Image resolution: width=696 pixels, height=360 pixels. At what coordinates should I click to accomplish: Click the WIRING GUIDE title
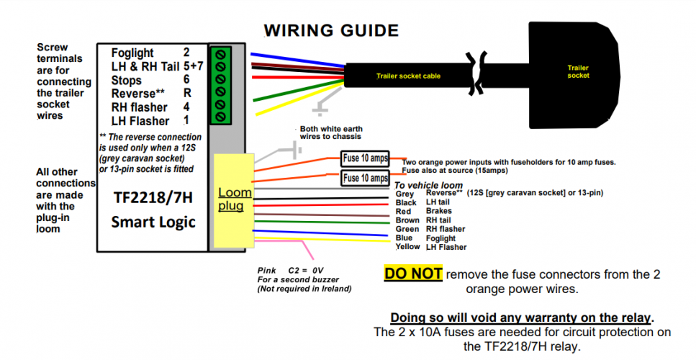click(330, 30)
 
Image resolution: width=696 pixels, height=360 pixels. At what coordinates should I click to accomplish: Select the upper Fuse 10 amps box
click(366, 158)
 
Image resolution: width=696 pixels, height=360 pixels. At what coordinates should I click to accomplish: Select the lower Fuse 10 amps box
click(366, 178)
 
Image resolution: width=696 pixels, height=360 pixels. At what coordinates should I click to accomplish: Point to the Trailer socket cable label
click(408, 76)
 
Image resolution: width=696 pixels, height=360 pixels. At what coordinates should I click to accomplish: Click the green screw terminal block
click(220, 84)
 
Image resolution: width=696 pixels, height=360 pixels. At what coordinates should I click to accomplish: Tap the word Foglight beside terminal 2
click(132, 53)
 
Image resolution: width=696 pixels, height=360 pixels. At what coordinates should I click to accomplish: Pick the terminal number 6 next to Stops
click(186, 80)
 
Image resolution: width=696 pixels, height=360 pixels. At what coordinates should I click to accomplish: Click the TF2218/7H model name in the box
click(153, 197)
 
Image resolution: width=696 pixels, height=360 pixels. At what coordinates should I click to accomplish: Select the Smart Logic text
click(153, 222)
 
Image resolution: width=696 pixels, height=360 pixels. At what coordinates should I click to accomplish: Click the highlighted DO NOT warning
click(414, 274)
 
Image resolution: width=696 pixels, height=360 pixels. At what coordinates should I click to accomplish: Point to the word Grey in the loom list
click(405, 194)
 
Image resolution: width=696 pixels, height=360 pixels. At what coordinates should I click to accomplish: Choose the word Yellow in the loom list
click(408, 247)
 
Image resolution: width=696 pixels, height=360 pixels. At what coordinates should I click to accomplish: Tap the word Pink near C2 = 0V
click(267, 271)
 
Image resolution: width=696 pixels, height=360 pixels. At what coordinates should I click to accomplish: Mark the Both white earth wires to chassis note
click(331, 132)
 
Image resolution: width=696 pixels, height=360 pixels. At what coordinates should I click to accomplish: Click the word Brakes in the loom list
click(438, 212)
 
